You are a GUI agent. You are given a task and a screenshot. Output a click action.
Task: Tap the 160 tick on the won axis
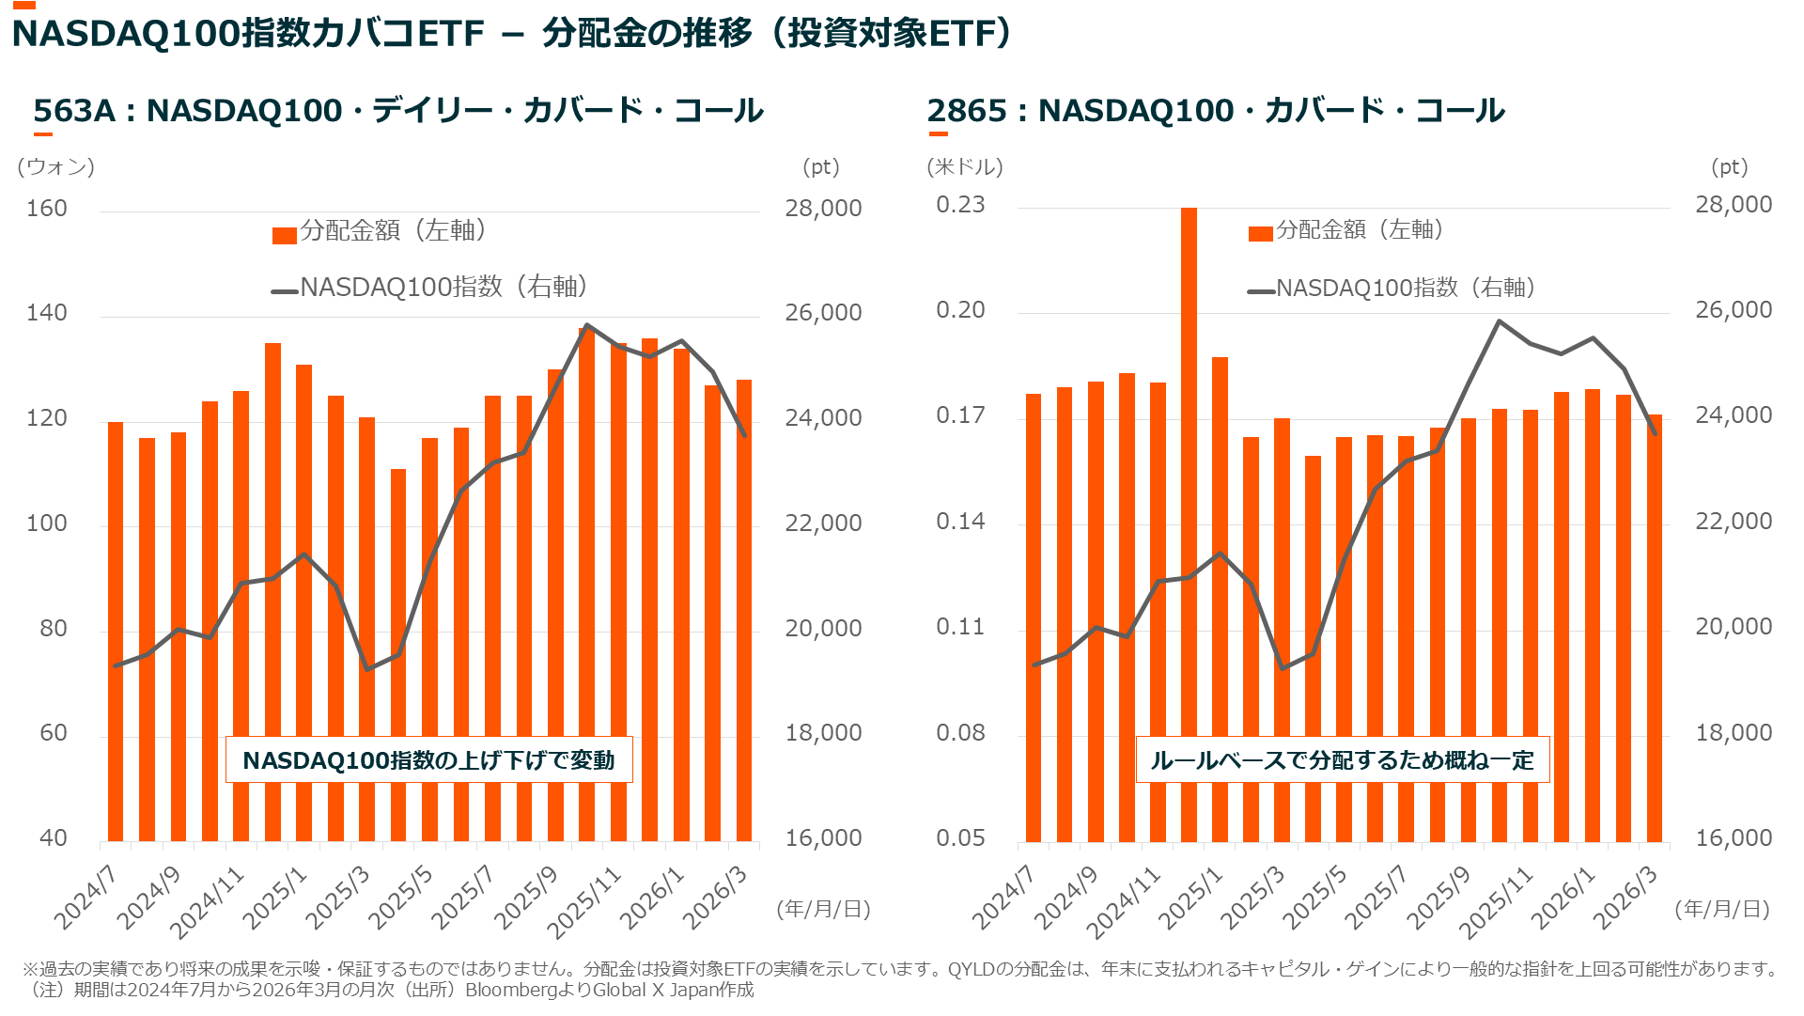(47, 209)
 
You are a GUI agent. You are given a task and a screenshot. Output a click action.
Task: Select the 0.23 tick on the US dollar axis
(960, 205)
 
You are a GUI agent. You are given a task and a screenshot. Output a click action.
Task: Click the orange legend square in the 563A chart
(285, 235)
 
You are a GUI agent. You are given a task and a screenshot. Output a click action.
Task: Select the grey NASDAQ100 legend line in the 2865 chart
(1261, 291)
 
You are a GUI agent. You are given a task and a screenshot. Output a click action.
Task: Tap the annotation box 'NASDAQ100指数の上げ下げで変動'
(428, 759)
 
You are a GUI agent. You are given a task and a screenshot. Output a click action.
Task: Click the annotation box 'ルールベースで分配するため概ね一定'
(1342, 759)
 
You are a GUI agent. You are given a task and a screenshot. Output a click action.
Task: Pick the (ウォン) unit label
(55, 167)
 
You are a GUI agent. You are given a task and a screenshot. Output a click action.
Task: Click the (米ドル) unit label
(965, 167)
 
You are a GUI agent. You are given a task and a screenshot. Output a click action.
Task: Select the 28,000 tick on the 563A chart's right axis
(823, 209)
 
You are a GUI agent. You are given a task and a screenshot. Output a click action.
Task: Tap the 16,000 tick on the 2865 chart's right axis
(1734, 838)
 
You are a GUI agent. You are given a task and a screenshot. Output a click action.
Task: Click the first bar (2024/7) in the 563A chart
(116, 632)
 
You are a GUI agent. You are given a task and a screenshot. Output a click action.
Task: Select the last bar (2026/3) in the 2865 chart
(1654, 628)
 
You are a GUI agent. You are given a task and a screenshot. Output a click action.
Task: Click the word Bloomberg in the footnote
(507, 990)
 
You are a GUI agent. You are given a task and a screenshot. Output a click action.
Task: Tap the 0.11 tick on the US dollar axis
(960, 627)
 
